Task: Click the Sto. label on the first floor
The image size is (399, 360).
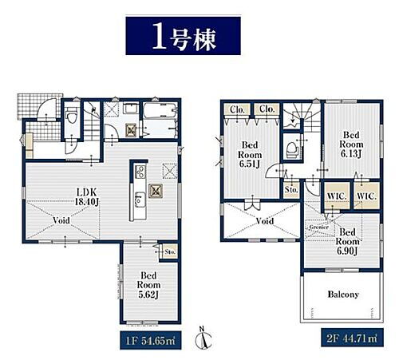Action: click(169, 253)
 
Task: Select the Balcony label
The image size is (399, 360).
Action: click(342, 294)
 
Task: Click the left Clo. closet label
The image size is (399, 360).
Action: click(238, 109)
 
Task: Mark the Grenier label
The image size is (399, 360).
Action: click(319, 227)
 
